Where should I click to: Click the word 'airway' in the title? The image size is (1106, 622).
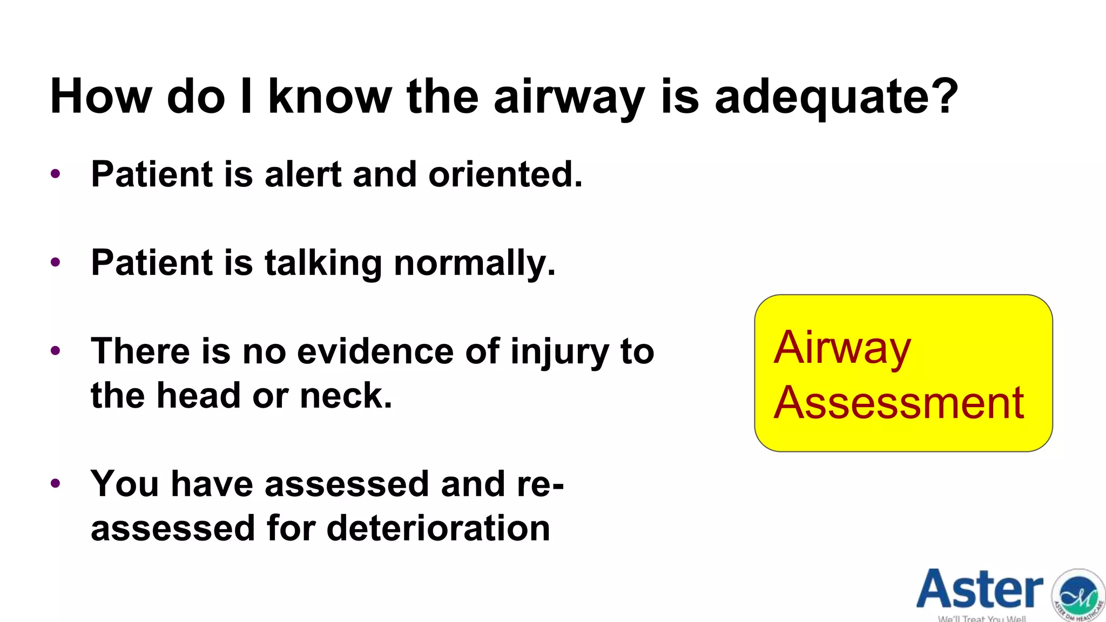coord(569,97)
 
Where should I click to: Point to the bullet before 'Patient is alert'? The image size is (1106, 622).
coord(55,174)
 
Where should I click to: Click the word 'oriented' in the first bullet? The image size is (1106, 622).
coord(504,174)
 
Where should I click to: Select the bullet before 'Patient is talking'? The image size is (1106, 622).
coord(55,262)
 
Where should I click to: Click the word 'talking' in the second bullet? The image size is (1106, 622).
coord(323,263)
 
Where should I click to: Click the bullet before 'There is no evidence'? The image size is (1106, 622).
coord(55,351)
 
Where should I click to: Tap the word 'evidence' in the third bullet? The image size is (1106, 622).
coord(375,351)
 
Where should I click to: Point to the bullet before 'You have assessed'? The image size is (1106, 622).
coord(55,483)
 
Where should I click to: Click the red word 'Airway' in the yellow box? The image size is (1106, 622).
coord(842,348)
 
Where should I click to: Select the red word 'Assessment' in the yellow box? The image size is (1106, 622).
coord(899,403)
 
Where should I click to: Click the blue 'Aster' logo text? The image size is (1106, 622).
coord(980,590)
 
